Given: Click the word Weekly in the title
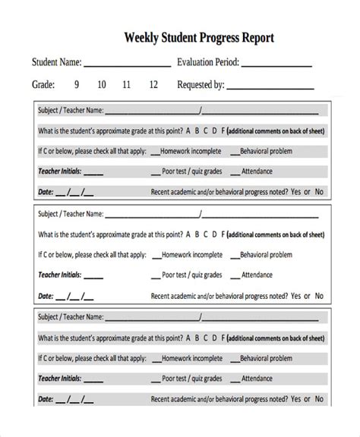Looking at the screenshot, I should pos(143,37).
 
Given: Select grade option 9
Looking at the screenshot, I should pos(76,85).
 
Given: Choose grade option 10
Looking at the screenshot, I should pos(101,85).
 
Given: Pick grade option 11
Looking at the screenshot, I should pos(126,85).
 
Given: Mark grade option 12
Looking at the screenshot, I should pos(153,85).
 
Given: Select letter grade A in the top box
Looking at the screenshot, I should pos(188,130).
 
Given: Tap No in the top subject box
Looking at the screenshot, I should pos(319,192).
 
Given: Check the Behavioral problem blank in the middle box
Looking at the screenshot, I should pos(235,255).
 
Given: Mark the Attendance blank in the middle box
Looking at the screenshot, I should pos(235,275).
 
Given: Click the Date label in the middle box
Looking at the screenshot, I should pos(46,295).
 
